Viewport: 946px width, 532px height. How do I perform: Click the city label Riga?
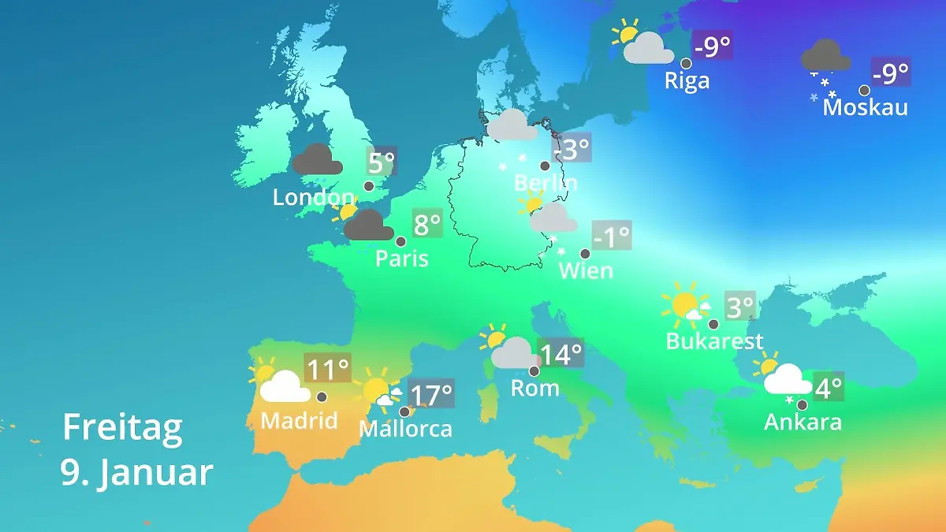[687, 80]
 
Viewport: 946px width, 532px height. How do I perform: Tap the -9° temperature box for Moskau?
[890, 73]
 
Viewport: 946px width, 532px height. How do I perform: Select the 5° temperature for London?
[381, 163]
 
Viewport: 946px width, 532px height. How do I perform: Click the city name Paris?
[401, 259]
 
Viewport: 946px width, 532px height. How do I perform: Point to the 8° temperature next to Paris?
[426, 225]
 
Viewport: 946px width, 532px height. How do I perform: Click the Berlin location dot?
[544, 166]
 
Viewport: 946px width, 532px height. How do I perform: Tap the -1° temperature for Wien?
[612, 236]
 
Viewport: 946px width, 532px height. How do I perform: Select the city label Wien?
[585, 271]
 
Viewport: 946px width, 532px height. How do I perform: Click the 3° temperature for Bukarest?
[739, 307]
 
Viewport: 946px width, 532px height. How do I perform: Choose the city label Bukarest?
[714, 341]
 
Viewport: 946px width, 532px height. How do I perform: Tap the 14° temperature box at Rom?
[561, 354]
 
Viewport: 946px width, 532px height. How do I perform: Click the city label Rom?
[534, 388]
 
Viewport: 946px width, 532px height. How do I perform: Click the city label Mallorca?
[405, 429]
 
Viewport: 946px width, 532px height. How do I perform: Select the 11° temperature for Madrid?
[327, 368]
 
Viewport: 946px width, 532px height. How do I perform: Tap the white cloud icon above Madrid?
[284, 387]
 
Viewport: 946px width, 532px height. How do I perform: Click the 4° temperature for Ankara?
[828, 387]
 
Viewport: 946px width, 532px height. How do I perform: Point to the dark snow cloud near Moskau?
[825, 56]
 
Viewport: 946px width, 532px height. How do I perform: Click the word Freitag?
[122, 428]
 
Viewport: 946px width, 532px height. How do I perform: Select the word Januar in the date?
[155, 473]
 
